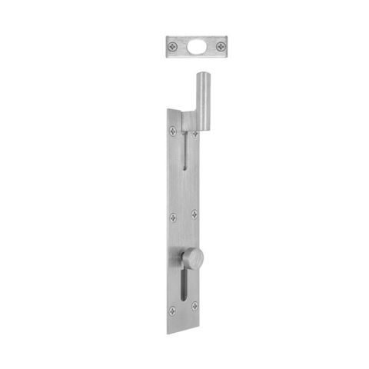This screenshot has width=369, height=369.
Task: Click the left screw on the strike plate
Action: click(x=171, y=47)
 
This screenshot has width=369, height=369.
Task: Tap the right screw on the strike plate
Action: click(x=221, y=47)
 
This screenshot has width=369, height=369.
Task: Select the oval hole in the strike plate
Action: click(x=196, y=47)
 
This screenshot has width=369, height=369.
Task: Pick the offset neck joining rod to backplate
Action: click(x=190, y=121)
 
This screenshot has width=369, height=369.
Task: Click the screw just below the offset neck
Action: click(x=194, y=134)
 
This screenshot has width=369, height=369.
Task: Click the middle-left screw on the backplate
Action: click(x=172, y=218)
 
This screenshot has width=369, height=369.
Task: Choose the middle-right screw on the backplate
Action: click(x=194, y=214)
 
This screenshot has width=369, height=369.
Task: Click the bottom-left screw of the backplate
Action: click(x=172, y=311)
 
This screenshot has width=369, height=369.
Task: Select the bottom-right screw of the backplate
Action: click(x=194, y=306)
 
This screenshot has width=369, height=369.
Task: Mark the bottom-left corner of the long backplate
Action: click(x=168, y=333)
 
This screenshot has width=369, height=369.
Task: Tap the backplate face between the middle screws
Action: click(x=184, y=216)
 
